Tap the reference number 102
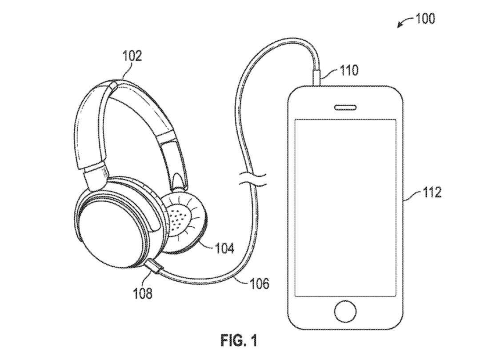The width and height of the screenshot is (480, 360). [x=132, y=56]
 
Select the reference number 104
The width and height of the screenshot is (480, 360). [x=224, y=248]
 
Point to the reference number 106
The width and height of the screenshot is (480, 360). [x=260, y=284]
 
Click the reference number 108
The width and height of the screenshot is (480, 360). [x=142, y=293]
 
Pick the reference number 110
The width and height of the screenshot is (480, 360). [x=349, y=71]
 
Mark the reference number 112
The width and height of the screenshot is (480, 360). [x=432, y=192]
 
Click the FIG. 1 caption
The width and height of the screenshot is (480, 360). [x=239, y=340]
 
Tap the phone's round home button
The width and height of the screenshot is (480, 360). [x=345, y=312]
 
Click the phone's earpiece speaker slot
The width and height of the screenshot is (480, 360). [x=345, y=107]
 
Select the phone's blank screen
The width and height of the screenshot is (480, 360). [x=345, y=207]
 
